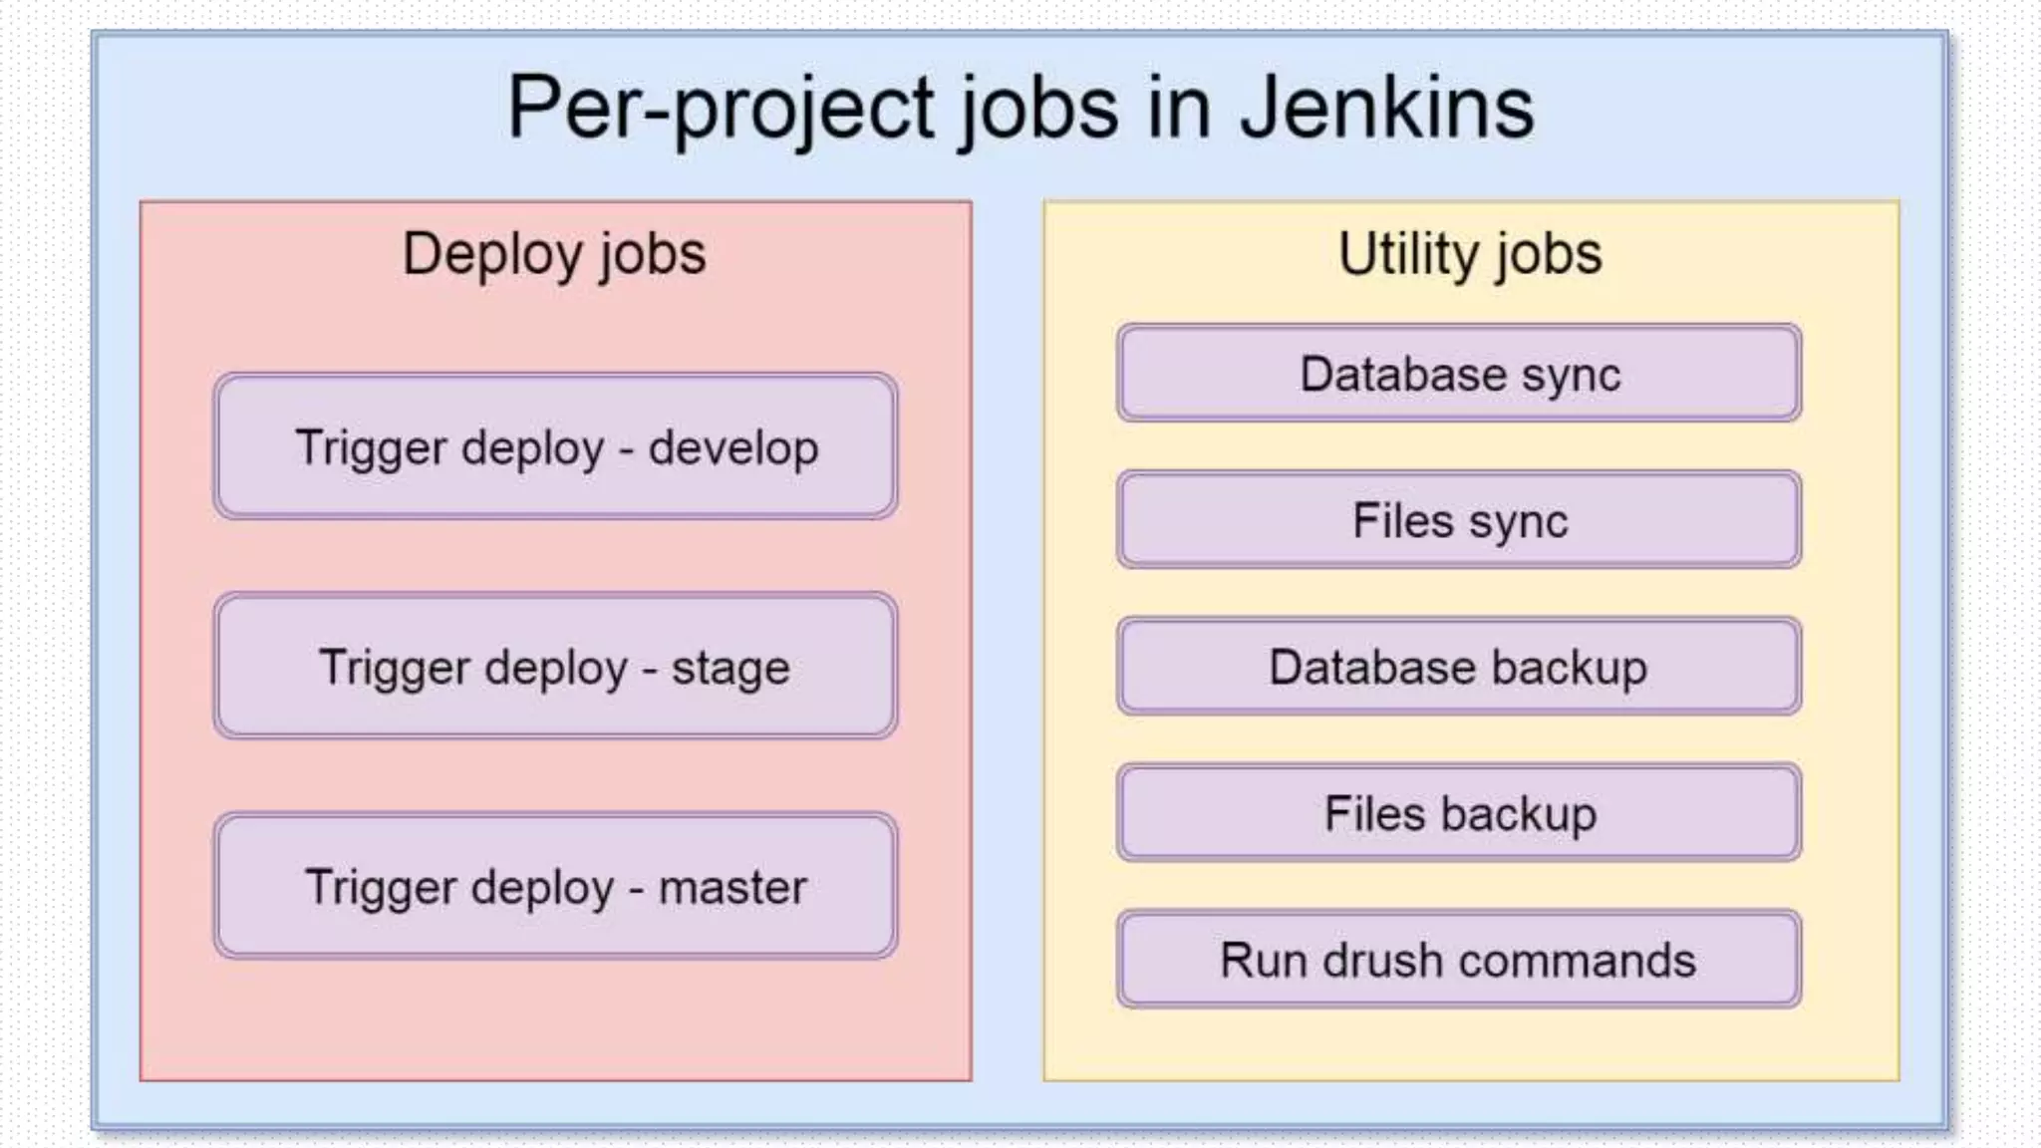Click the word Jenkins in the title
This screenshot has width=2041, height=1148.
pos(1386,108)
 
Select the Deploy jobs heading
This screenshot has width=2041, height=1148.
pos(554,253)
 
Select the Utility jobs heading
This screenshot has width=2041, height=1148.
pos(1470,253)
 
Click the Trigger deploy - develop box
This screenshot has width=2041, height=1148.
pos(555,446)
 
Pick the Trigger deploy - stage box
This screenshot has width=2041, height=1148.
pos(555,666)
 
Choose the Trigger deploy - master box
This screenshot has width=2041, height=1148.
pos(555,886)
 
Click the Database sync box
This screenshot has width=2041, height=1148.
pos(1459,374)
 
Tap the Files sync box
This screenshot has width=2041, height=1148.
pos(1459,520)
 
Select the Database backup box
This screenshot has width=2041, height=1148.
pos(1459,667)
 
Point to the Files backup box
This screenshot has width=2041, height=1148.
pos(1459,813)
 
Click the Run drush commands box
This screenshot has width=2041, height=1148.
pos(1459,960)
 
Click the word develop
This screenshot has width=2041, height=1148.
pos(733,448)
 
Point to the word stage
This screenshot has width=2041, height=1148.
pos(729,669)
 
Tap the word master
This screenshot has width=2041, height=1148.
pos(732,887)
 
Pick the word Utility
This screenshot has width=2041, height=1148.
pos(1408,253)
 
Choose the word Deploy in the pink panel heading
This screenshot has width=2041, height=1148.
pos(492,255)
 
